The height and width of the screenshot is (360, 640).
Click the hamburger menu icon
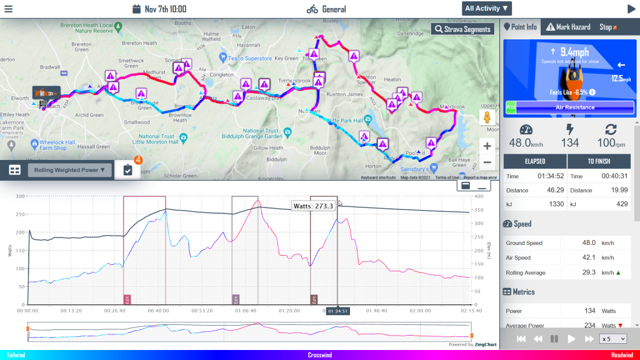[x=9, y=9]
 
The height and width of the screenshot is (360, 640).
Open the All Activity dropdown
[x=487, y=8]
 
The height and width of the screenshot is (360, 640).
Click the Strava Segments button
[x=462, y=29]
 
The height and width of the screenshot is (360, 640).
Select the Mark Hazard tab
[x=567, y=27]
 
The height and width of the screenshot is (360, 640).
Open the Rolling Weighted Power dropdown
[x=69, y=169]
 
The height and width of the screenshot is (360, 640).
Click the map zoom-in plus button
[x=487, y=146]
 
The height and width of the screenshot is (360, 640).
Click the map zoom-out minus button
[x=487, y=162]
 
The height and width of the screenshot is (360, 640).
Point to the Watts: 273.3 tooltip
[x=314, y=206]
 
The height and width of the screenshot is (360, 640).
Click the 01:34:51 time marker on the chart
[x=337, y=311]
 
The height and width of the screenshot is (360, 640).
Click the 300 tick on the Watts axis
[x=19, y=196]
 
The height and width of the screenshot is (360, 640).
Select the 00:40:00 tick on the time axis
[x=157, y=309]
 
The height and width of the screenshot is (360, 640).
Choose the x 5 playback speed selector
[x=612, y=338]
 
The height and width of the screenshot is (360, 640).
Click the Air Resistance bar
[x=575, y=107]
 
